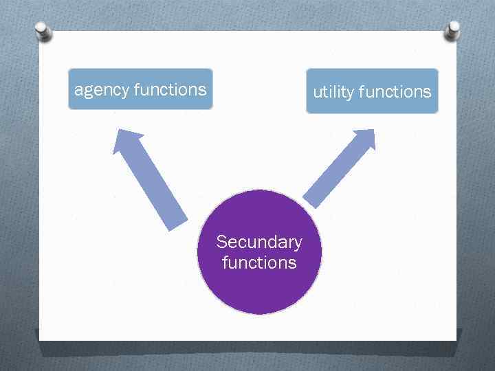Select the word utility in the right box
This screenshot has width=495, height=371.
[333, 92]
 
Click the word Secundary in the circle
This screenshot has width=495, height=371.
[259, 242]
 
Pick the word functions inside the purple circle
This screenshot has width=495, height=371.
[259, 262]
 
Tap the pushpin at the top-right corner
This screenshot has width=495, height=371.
[453, 29]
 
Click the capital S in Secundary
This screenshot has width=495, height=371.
[221, 242]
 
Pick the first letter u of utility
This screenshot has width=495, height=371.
[318, 92]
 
